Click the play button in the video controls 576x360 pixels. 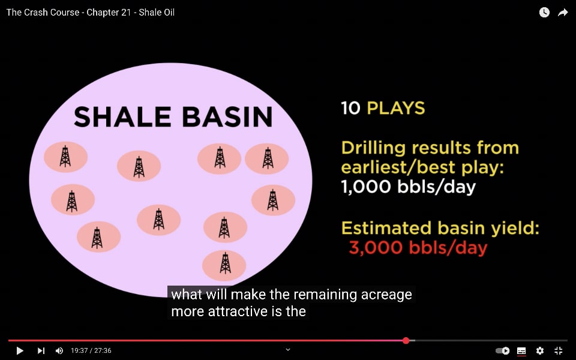pos(20,351)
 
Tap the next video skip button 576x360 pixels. pos(41,351)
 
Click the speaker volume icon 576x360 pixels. pos(59,351)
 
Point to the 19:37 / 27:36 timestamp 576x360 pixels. pos(91,351)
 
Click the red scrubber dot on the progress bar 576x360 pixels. pos(406,341)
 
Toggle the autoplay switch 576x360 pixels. pos(503,351)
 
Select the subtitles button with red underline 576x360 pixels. pos(521,351)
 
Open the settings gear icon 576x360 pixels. pos(540,351)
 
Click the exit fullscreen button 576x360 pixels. pos(559,351)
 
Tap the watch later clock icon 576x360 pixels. pos(544,13)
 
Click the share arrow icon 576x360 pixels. pos(563,13)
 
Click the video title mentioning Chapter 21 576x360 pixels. pos(91,13)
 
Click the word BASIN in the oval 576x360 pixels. pos(227,117)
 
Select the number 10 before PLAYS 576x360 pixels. pos(350,108)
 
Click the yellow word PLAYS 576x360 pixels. pos(396,108)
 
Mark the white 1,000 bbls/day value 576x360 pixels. pos(409,187)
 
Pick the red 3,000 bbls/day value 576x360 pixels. pos(418,248)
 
